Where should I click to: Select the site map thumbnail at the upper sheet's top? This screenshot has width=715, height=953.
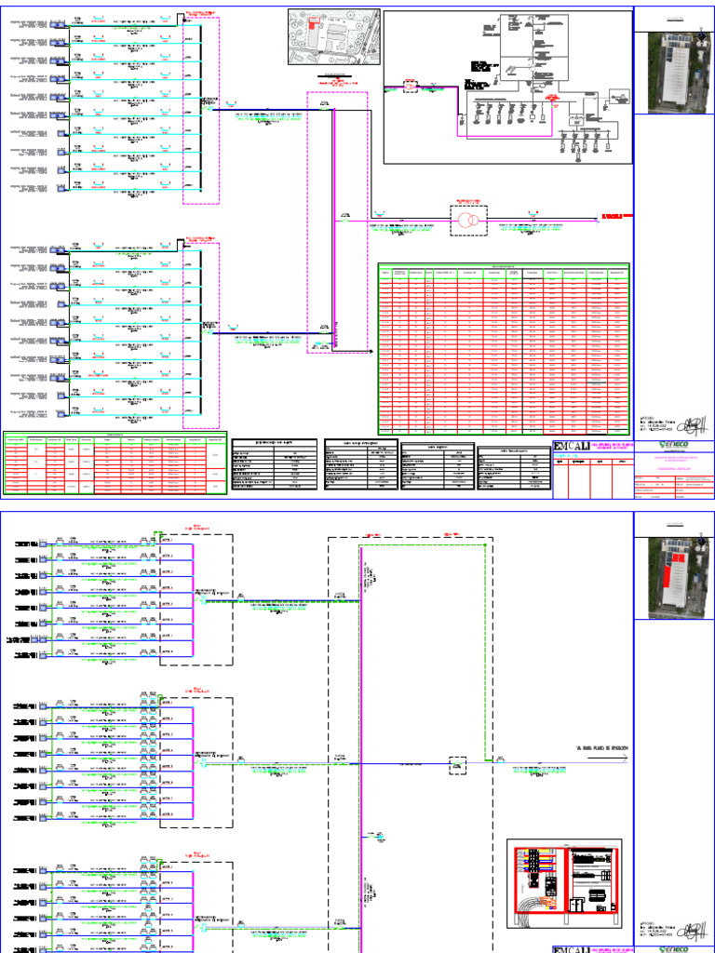click(x=333, y=34)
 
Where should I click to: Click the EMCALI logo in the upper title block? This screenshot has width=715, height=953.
click(x=572, y=448)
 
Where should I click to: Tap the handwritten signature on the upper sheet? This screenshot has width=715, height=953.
click(x=684, y=424)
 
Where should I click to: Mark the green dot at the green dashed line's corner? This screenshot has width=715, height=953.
click(x=486, y=760)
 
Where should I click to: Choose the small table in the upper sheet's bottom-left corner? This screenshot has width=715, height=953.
click(x=114, y=463)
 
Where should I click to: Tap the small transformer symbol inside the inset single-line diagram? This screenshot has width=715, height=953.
click(x=410, y=87)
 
